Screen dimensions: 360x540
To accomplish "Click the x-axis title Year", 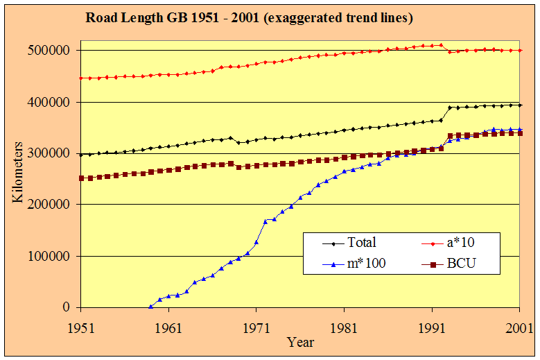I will click(x=301, y=342).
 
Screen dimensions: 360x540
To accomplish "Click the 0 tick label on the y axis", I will click(x=67, y=307).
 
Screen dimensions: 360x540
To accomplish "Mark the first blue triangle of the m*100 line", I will click(x=151, y=306).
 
